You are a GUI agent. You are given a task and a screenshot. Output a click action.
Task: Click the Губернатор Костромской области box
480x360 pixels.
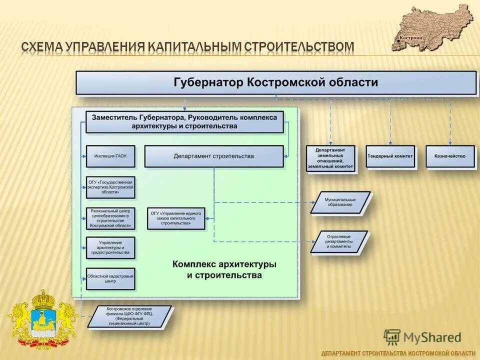pyautogui.click(x=276, y=82)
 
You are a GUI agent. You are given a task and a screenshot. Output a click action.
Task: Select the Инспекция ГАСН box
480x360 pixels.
pyautogui.click(x=110, y=156)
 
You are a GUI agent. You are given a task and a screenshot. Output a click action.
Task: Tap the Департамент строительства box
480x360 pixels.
pyautogui.click(x=213, y=156)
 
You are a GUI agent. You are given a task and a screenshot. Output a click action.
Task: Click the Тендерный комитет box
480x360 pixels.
pyautogui.click(x=390, y=156)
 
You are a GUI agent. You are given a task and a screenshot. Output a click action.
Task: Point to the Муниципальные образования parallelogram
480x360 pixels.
pyautogui.click(x=340, y=202)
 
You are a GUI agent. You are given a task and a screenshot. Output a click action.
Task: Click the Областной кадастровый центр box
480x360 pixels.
pyautogui.click(x=110, y=278)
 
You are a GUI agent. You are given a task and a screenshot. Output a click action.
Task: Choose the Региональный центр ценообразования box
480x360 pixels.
pyautogui.click(x=110, y=218)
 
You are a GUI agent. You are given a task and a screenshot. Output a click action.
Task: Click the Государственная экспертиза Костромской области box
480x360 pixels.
pyautogui.click(x=110, y=187)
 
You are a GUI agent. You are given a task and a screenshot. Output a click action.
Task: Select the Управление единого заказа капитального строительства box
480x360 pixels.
pyautogui.click(x=176, y=218)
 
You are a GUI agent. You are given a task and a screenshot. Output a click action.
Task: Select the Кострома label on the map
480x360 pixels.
pyautogui.click(x=411, y=38)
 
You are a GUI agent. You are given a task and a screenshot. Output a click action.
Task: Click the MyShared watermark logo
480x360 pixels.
pyautogui.click(x=422, y=337)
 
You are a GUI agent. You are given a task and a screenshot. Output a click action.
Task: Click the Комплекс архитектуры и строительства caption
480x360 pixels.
pyautogui.click(x=224, y=269)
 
